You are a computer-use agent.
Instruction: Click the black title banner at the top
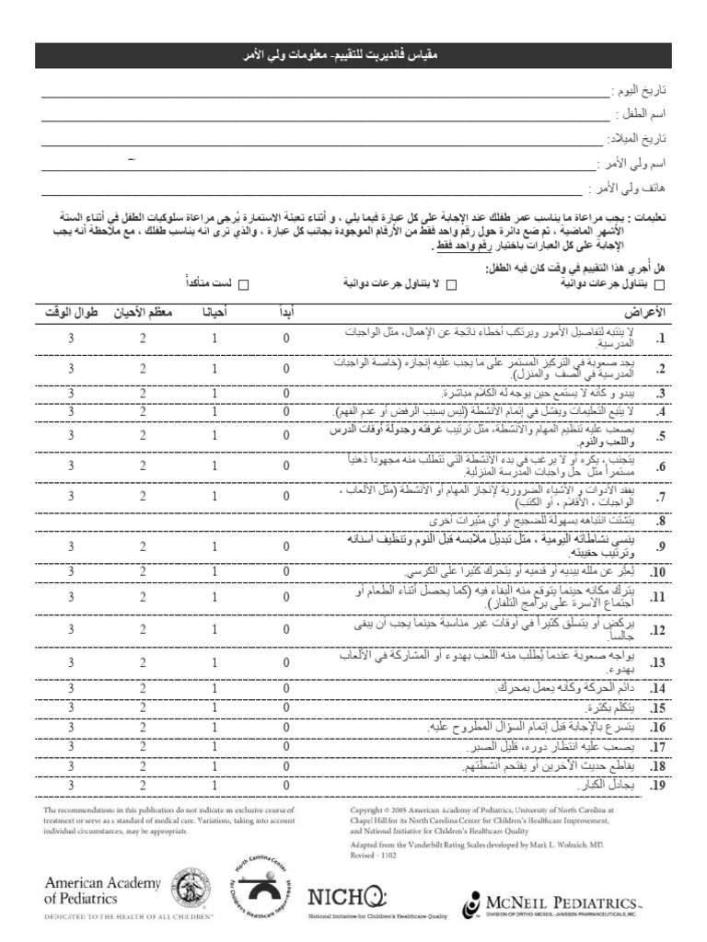[353, 56]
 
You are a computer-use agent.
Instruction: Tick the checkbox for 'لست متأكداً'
[245, 285]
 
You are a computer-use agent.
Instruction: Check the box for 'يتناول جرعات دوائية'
[657, 285]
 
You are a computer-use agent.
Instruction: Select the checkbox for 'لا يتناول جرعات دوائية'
[451, 285]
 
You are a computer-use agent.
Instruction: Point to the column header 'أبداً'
[286, 313]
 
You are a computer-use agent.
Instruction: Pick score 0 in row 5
[286, 434]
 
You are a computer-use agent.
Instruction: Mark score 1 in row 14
[214, 687]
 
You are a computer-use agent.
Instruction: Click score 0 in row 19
[286, 785]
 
